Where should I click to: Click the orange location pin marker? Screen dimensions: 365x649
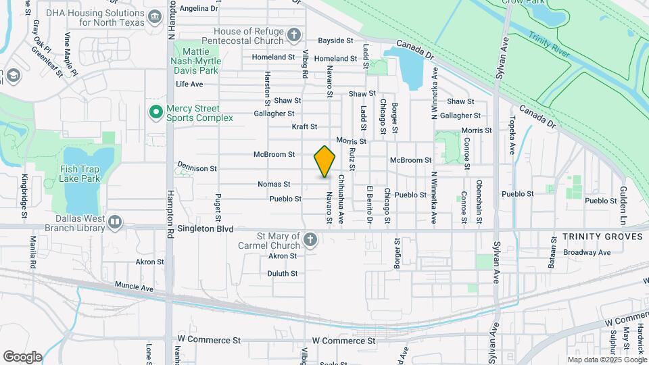324,161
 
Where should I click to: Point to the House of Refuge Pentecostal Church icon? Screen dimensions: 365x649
293,34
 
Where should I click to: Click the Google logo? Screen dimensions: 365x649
22,357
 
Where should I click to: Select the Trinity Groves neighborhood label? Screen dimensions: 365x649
595,237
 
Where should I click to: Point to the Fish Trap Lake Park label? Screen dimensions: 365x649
80,174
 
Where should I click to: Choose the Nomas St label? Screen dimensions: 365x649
274,184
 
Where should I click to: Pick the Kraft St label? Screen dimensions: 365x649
304,126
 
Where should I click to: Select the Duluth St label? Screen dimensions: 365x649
283,274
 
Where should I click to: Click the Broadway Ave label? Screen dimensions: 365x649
587,252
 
